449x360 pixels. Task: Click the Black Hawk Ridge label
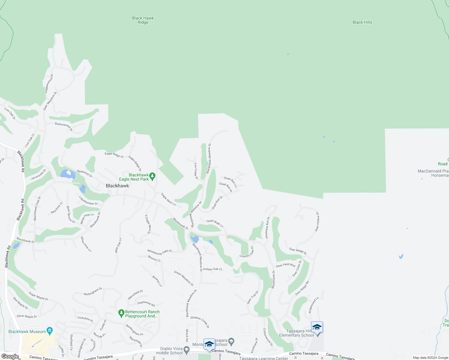coord(143,20)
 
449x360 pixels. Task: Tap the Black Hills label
coord(362,22)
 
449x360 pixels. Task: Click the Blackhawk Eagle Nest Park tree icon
coord(152,176)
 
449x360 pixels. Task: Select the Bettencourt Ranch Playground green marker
coord(121,313)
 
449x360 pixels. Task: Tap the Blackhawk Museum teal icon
coord(50,331)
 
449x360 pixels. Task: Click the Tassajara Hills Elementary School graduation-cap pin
coord(317,328)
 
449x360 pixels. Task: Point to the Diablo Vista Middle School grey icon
coord(186,350)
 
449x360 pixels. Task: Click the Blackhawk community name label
coord(117,186)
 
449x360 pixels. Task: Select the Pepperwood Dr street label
coord(49,83)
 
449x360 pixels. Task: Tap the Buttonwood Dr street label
coord(64,126)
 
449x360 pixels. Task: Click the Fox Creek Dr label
coord(196,171)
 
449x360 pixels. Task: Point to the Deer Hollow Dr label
coord(317,222)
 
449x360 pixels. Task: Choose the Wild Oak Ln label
coord(118,245)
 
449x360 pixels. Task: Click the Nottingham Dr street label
coord(93,291)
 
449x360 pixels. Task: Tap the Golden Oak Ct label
coord(212,269)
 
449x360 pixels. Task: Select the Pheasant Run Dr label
coord(267,227)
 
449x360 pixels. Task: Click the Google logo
coord(10,356)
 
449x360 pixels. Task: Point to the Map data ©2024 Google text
coord(430,358)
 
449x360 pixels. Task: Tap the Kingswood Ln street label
coord(313,305)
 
